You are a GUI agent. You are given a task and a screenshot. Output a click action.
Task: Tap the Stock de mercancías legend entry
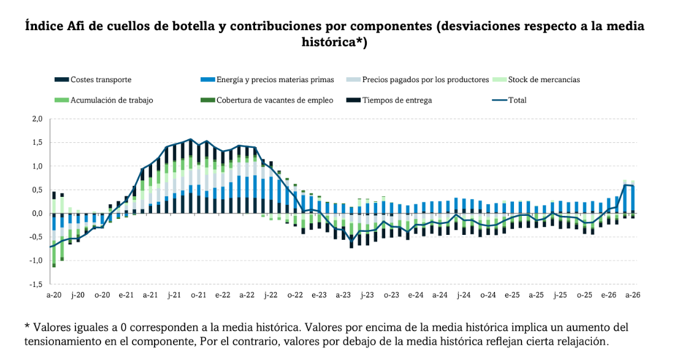pyautogui.click(x=543, y=80)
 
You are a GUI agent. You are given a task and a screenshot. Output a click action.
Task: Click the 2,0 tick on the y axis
pyautogui.click(x=36, y=119)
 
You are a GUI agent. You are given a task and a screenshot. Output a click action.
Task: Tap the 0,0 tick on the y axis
pyautogui.click(x=36, y=213)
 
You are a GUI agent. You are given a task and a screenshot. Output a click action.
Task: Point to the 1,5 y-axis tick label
pyautogui.click(x=36, y=142)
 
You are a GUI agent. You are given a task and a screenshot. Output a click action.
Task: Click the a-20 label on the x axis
pyautogui.click(x=53, y=295)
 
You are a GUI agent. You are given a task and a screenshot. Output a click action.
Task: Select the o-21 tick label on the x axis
pyautogui.click(x=198, y=295)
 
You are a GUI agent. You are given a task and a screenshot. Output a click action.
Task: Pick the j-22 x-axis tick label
pyautogui.click(x=270, y=295)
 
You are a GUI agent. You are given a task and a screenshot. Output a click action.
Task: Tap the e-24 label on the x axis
pyautogui.click(x=415, y=295)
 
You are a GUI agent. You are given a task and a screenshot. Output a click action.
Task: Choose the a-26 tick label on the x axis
pyautogui.click(x=632, y=295)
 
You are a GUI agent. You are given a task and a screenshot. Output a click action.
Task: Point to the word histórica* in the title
pyautogui.click(x=335, y=43)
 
